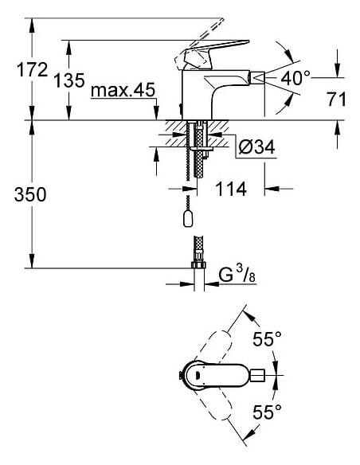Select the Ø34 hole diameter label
coord(258,147)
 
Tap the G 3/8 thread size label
coord(237,275)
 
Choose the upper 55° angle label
coord(268,339)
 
